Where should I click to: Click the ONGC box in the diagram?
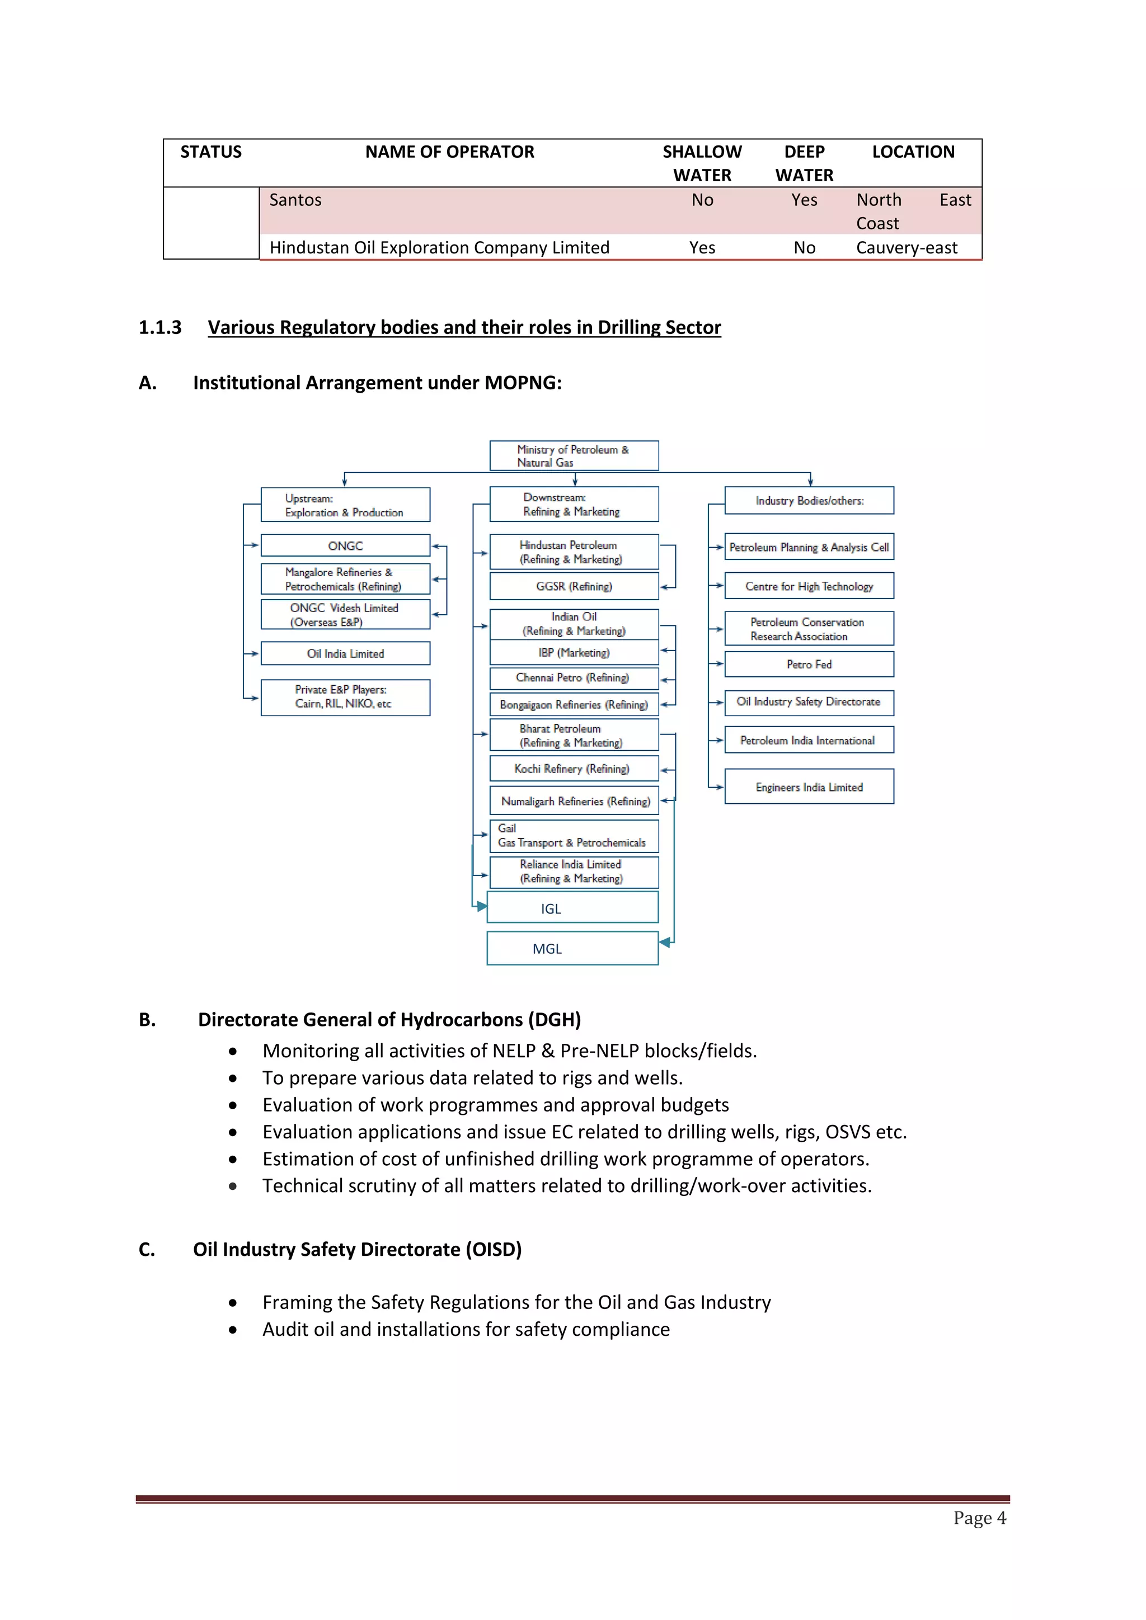click(x=345, y=545)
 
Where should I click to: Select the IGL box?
click(x=572, y=908)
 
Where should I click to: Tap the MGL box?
click(x=572, y=948)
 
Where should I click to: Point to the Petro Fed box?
click(x=809, y=664)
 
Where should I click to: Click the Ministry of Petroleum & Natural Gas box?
click(x=574, y=456)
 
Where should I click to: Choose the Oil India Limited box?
click(x=345, y=653)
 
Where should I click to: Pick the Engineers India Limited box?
click(x=809, y=787)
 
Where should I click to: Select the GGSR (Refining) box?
click(x=574, y=586)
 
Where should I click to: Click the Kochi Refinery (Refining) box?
click(x=574, y=769)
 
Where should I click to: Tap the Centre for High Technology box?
click(x=809, y=586)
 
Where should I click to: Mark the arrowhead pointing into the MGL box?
click(x=664, y=942)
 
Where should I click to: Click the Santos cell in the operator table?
click(x=295, y=200)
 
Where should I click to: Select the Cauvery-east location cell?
click(x=906, y=248)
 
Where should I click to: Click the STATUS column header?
click(x=211, y=152)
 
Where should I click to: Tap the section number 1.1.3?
click(x=160, y=327)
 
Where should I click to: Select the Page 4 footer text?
click(x=979, y=1518)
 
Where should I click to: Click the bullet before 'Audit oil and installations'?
click(x=233, y=1330)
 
